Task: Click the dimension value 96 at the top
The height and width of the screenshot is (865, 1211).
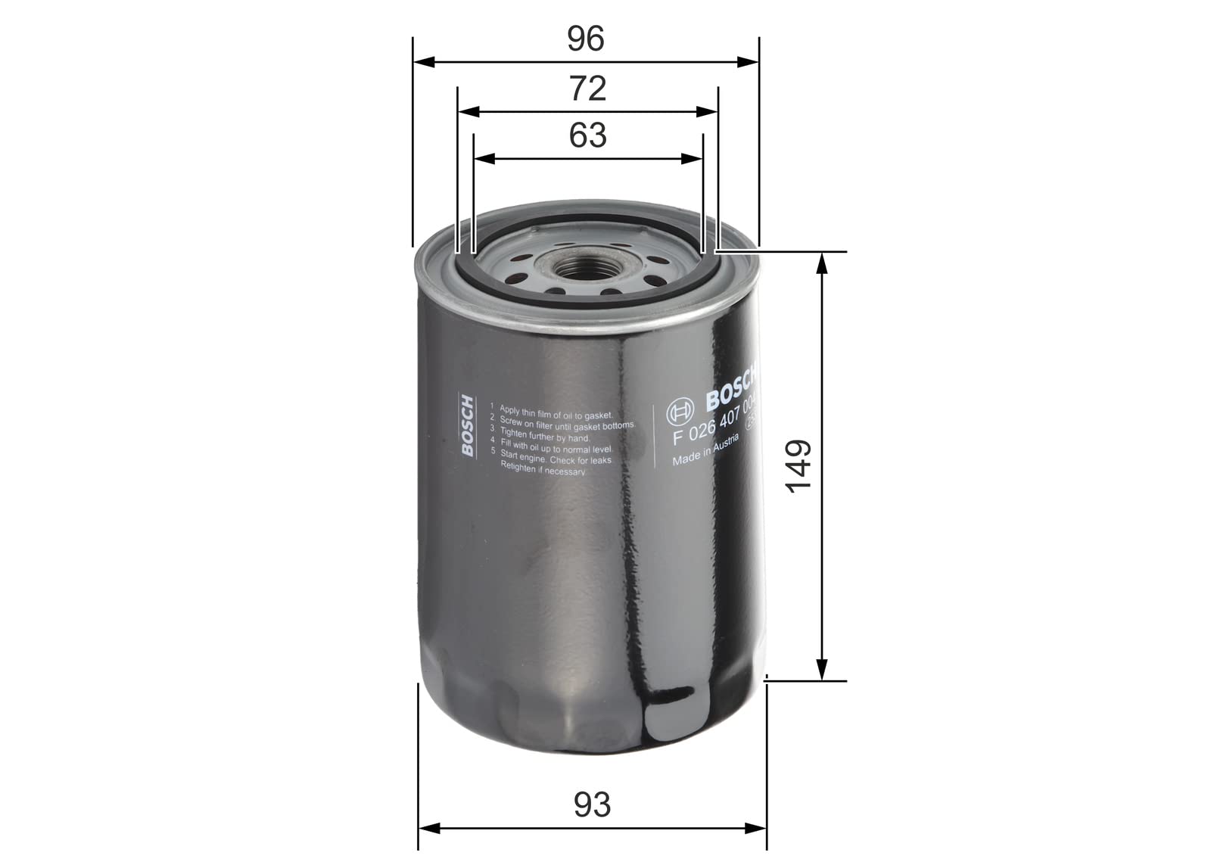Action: pyautogui.click(x=586, y=39)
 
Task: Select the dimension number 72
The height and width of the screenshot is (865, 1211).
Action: pyautogui.click(x=587, y=89)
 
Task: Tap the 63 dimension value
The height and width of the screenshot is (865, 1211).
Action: pyautogui.click(x=587, y=135)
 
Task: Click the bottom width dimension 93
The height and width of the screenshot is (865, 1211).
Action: pyautogui.click(x=591, y=804)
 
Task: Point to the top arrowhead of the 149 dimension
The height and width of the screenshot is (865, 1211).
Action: pyautogui.click(x=821, y=262)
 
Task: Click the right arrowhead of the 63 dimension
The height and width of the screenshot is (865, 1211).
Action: pyautogui.click(x=693, y=159)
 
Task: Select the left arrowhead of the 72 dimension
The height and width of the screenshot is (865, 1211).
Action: pyautogui.click(x=469, y=112)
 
